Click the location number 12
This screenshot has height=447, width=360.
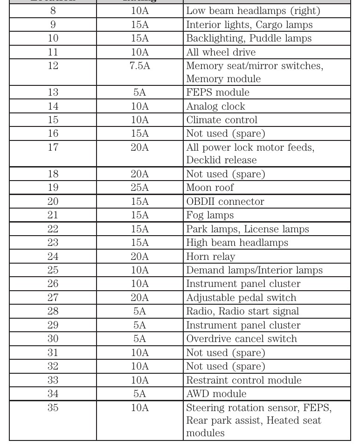[53, 66]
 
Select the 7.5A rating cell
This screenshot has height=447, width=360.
[139, 66]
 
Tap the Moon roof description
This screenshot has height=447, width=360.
[210, 188]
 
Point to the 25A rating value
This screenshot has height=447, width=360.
[139, 188]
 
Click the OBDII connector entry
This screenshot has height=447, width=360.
[225, 202]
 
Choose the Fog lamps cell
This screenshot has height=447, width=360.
[210, 216]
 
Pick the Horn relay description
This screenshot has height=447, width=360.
[211, 257]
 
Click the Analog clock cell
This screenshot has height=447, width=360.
[215, 106]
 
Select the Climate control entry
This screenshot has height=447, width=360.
[222, 120]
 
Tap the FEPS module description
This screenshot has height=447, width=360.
[218, 92]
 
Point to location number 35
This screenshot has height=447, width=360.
[53, 408]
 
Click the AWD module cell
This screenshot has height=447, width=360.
[216, 394]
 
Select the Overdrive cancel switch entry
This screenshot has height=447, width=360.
[242, 339]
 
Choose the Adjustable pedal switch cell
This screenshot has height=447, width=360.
[241, 298]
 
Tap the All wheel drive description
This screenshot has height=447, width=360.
[221, 52]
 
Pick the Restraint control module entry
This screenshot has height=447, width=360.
[244, 380]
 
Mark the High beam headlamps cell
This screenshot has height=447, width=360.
[237, 243]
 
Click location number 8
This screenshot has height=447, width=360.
[53, 11]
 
